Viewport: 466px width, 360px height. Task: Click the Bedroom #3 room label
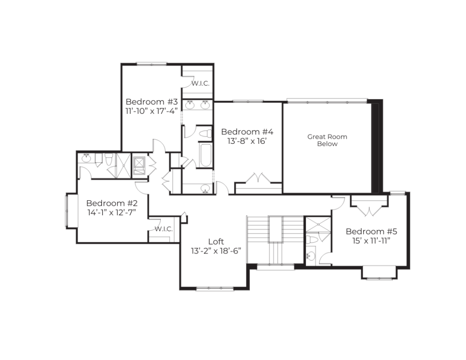[x=152, y=101]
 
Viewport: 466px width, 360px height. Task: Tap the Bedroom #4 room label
[x=247, y=132]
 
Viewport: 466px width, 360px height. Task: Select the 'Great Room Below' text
[x=327, y=140]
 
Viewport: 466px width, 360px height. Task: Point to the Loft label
[x=216, y=241]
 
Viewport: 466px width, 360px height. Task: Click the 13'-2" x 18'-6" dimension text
[x=216, y=251]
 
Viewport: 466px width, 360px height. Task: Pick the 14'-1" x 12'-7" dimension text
[x=112, y=213]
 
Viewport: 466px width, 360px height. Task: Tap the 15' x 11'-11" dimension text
[x=371, y=241]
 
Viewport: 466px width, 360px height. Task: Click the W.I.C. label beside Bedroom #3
[x=200, y=84]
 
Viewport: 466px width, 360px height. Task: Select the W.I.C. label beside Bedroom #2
[x=163, y=229]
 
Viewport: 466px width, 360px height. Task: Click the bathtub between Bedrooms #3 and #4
[x=206, y=155]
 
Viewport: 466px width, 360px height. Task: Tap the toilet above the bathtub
[x=205, y=133]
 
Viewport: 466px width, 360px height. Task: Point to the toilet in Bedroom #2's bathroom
[x=108, y=159]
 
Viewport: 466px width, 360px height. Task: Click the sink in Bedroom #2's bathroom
[x=86, y=158]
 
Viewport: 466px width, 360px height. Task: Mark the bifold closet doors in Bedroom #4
[x=258, y=177]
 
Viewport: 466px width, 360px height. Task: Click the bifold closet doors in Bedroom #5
[x=369, y=210]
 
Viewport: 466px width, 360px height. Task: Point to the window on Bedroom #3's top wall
[x=152, y=64]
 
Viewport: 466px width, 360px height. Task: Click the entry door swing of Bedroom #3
[x=159, y=145]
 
